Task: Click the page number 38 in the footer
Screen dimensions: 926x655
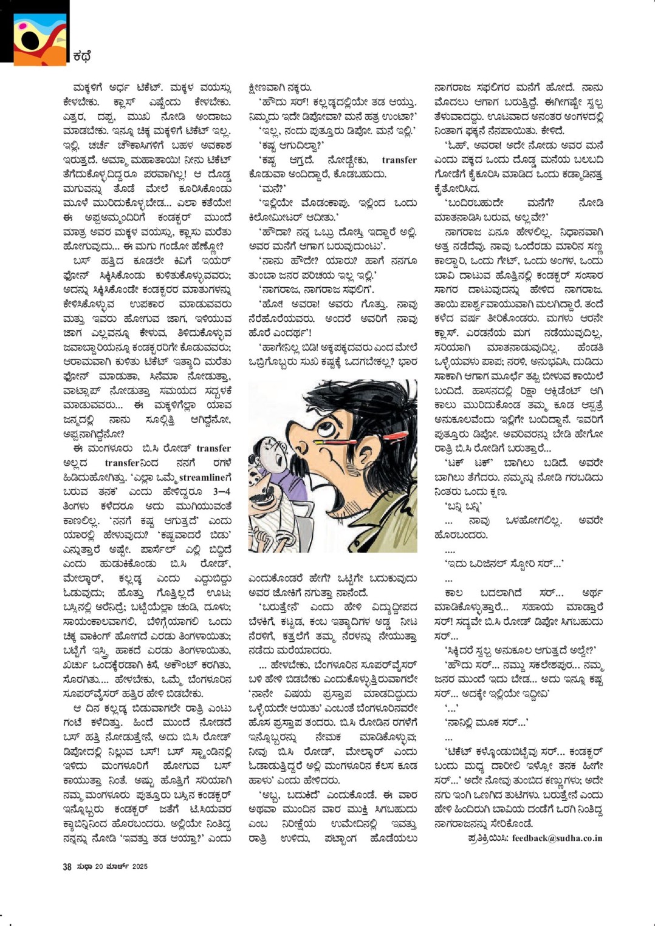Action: [x=67, y=866]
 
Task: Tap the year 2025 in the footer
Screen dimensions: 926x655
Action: [x=140, y=866]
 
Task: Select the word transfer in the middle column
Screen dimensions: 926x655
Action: [x=399, y=160]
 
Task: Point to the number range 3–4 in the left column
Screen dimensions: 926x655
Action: [x=222, y=491]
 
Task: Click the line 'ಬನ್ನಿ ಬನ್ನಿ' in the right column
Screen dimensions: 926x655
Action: [x=464, y=506]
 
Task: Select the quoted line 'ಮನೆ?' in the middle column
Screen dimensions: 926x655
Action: [x=268, y=188]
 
